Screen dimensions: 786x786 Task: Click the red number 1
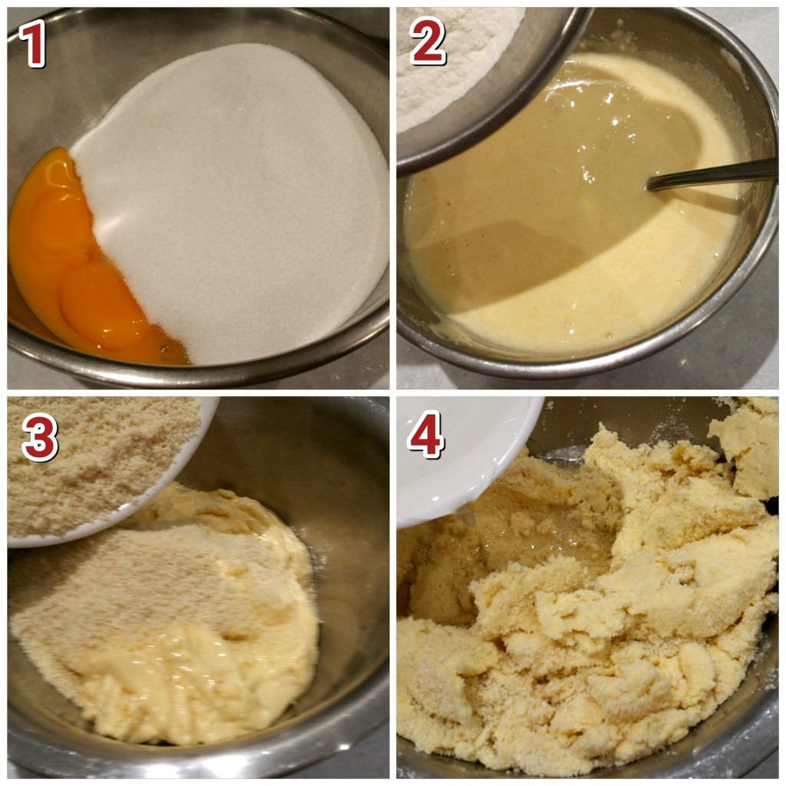click(x=33, y=43)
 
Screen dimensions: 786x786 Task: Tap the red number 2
click(x=428, y=41)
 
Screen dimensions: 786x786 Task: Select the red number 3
click(x=40, y=437)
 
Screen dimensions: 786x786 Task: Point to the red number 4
click(x=425, y=434)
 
